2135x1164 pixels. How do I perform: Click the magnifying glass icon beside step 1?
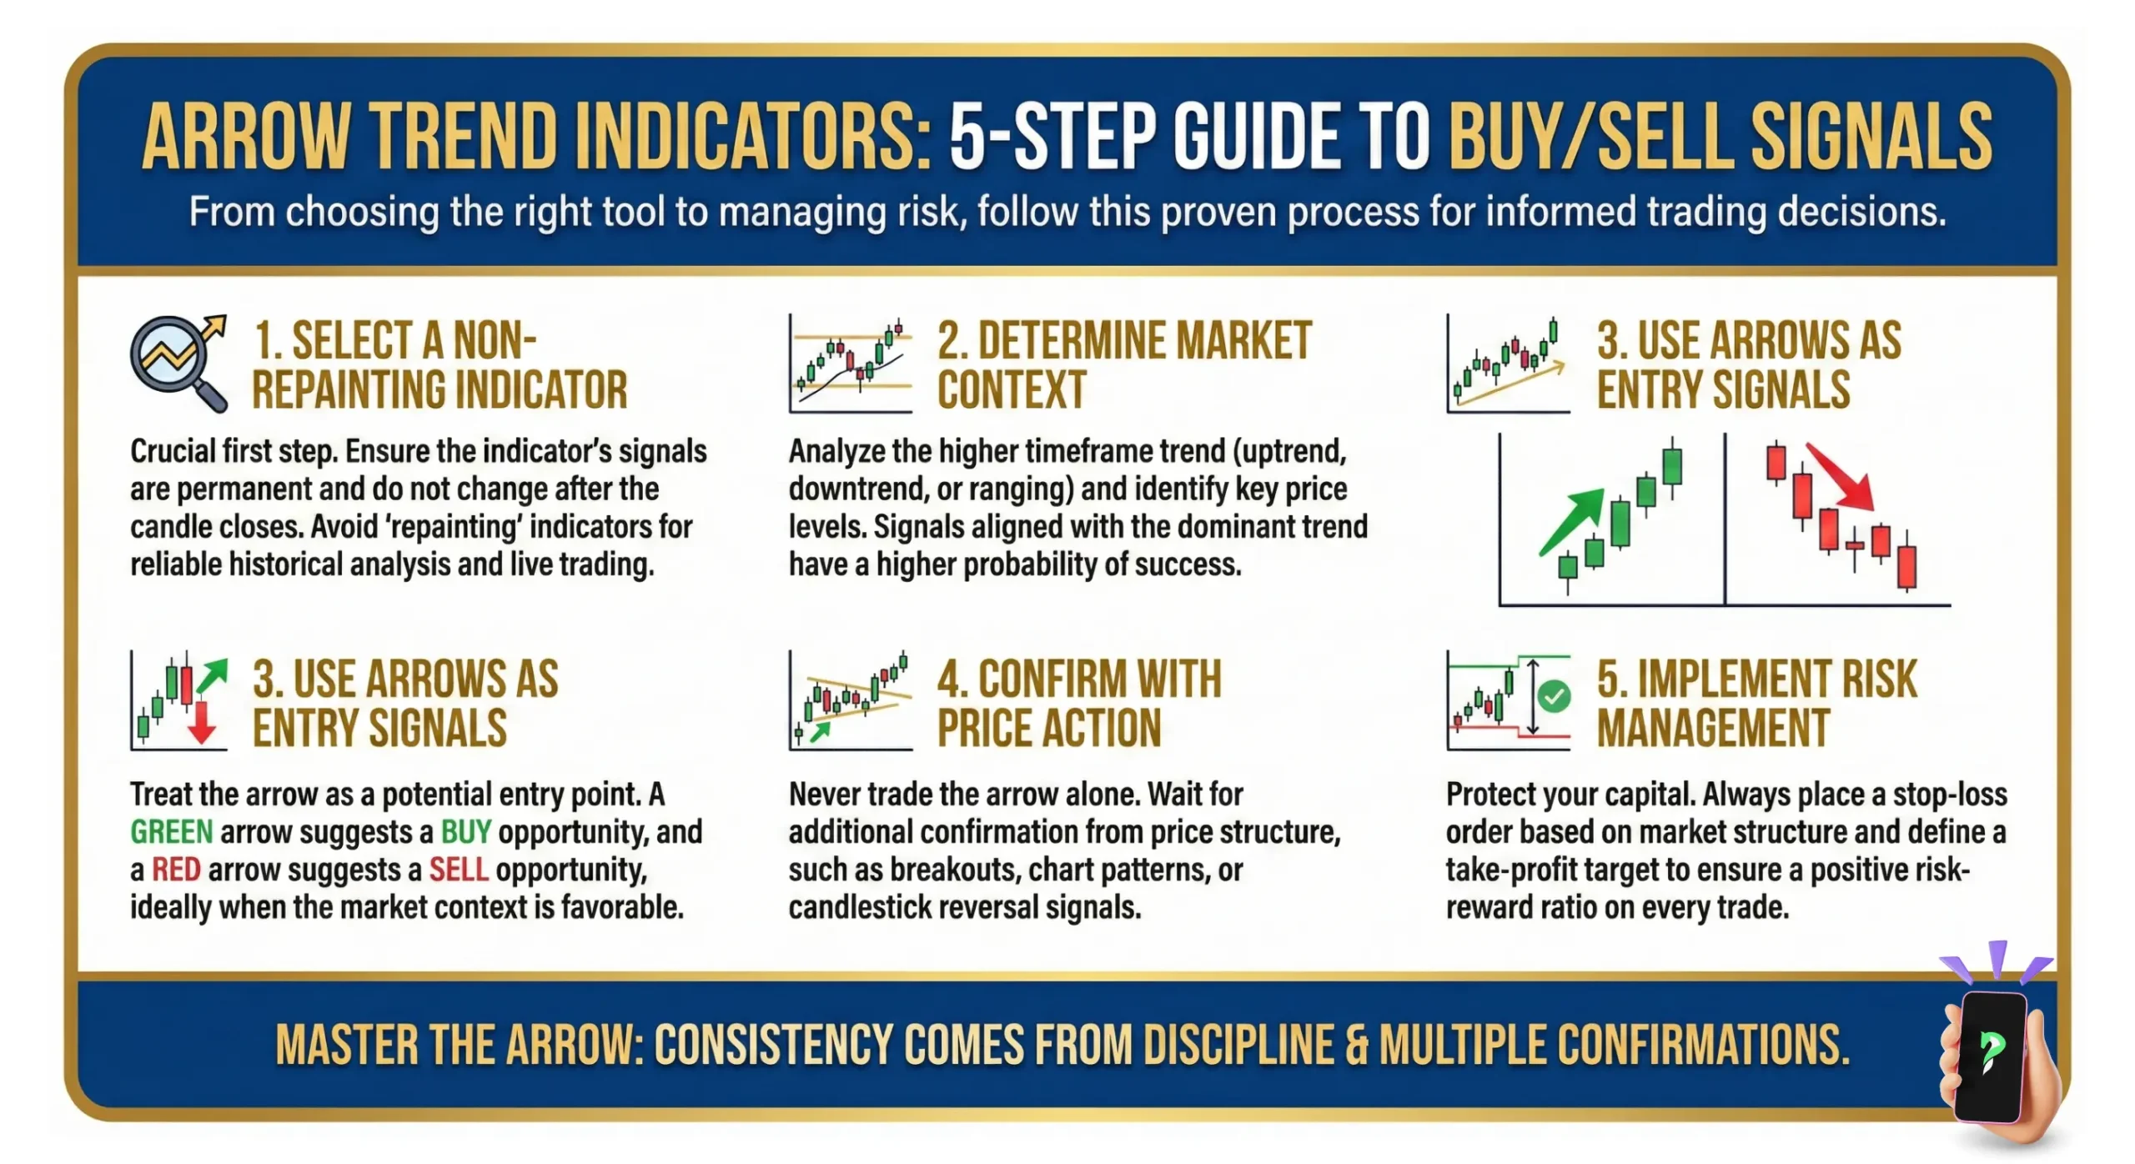[x=178, y=363]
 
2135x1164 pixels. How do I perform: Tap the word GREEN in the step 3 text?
[x=171, y=832]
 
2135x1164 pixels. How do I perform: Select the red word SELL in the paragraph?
[x=458, y=870]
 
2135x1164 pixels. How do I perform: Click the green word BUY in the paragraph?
[x=465, y=832]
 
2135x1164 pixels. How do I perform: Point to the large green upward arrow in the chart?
[x=1572, y=521]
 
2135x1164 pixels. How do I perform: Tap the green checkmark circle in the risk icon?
[x=1554, y=696]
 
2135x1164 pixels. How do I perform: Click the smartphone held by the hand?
[x=1992, y=1055]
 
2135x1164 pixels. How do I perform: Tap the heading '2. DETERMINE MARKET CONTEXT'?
[x=1123, y=364]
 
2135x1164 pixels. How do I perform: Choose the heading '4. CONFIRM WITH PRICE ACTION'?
[x=1078, y=703]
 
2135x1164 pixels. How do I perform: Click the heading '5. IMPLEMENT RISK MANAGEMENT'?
[x=1756, y=703]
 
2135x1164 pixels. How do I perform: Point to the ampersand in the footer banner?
[x=1357, y=1046]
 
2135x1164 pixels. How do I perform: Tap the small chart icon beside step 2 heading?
[x=850, y=364]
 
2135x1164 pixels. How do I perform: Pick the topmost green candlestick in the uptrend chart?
[x=1672, y=465]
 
